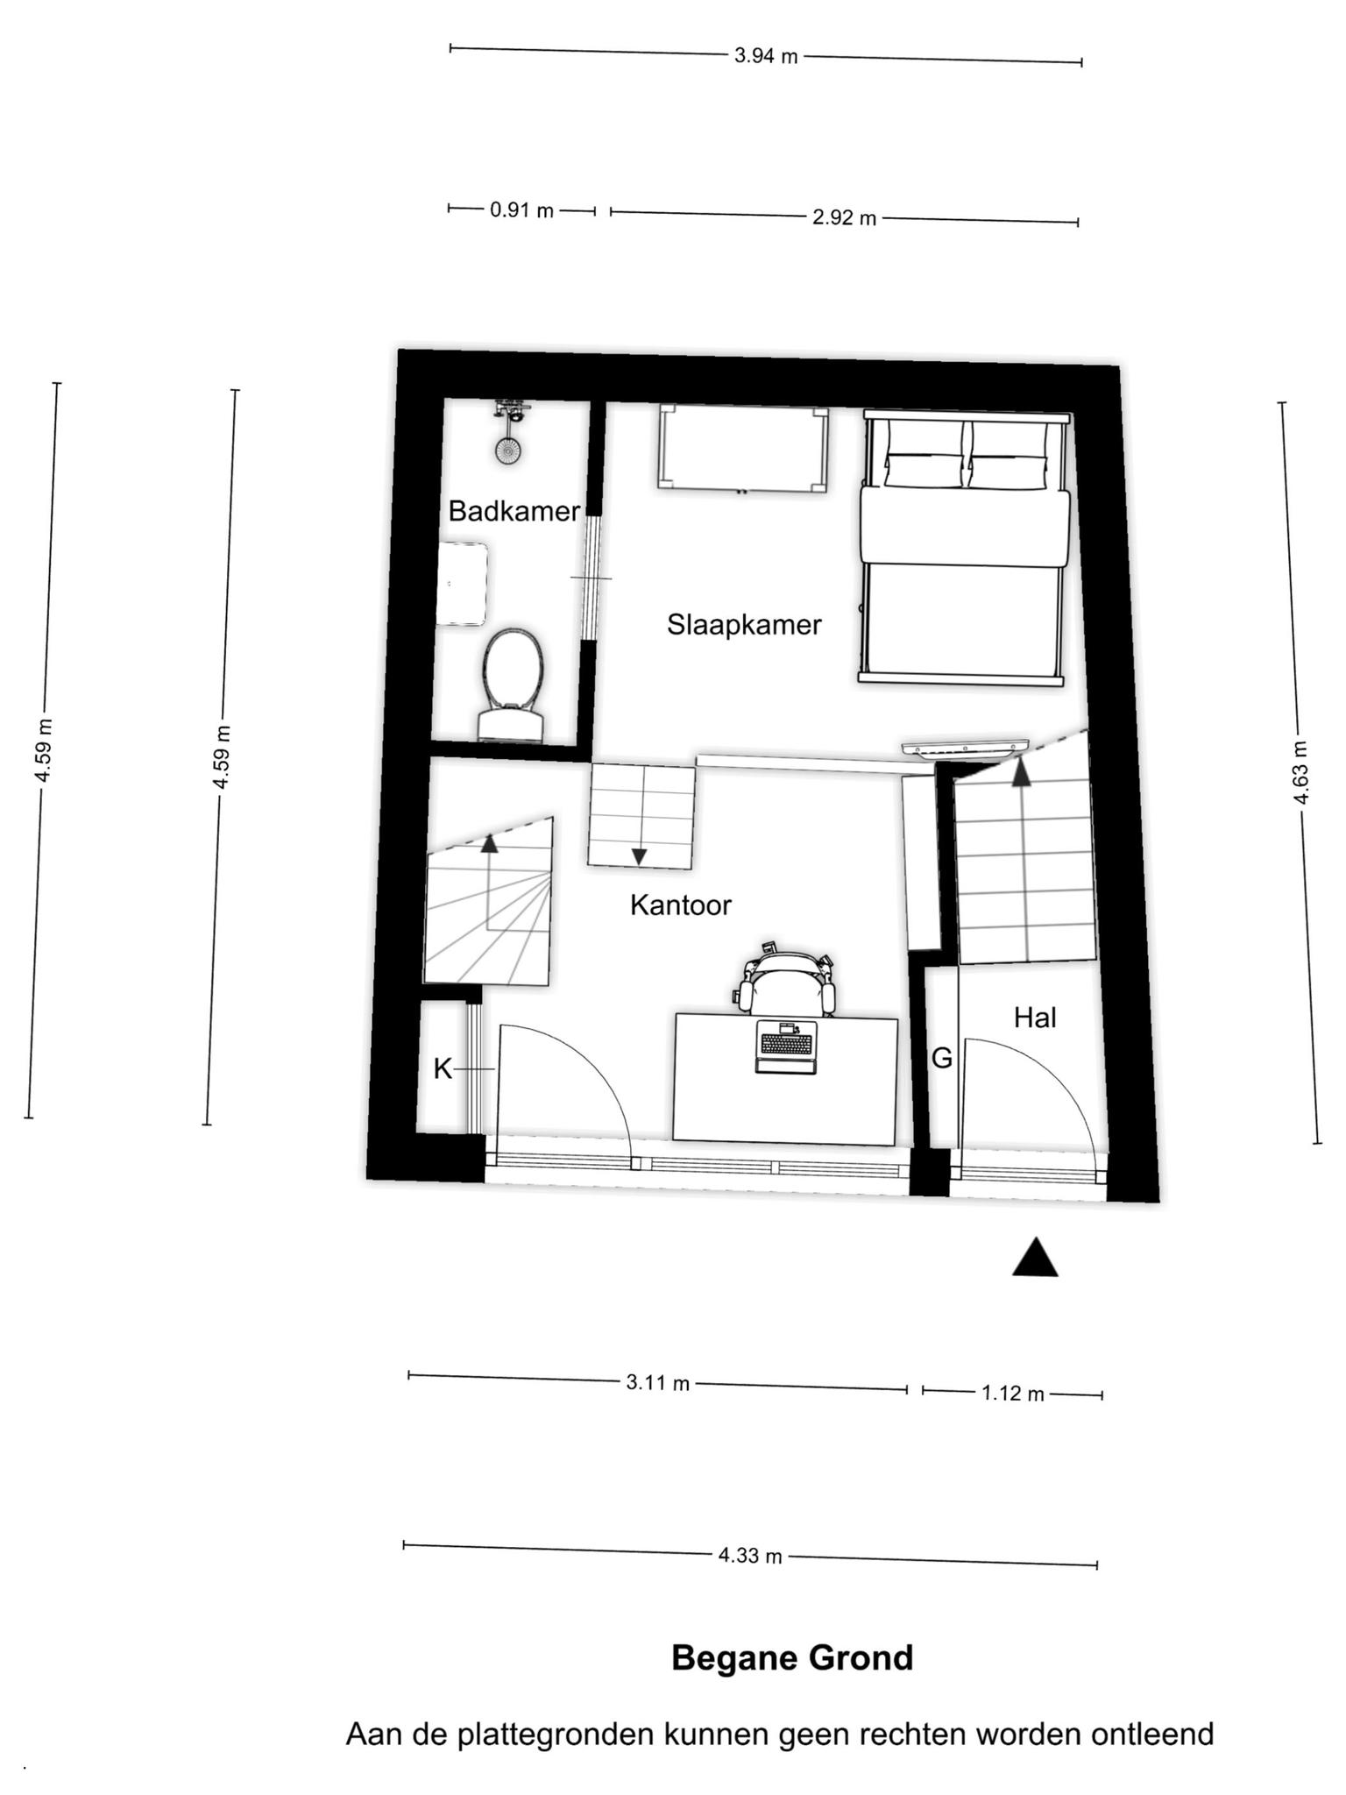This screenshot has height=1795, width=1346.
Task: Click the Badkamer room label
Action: [x=514, y=511]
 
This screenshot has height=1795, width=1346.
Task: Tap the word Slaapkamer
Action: [x=744, y=625]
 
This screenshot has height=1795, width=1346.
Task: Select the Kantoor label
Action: [x=680, y=905]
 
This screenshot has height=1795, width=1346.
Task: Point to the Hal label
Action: [x=1035, y=1018]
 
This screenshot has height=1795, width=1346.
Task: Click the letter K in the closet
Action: [x=443, y=1068]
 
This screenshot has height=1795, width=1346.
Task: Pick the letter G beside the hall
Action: [x=942, y=1059]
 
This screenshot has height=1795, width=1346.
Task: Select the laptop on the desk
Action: [x=786, y=1046]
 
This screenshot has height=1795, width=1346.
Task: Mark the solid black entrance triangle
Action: [x=1035, y=1258]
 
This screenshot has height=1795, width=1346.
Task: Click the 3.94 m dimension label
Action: [x=766, y=56]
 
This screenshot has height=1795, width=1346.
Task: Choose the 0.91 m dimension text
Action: [x=522, y=210]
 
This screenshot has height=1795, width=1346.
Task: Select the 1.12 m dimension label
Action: [x=1013, y=1394]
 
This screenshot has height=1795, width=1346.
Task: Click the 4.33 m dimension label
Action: [x=750, y=1557]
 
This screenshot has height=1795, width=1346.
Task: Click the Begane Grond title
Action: [x=792, y=1658]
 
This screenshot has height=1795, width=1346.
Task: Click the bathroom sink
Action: [x=462, y=584]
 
